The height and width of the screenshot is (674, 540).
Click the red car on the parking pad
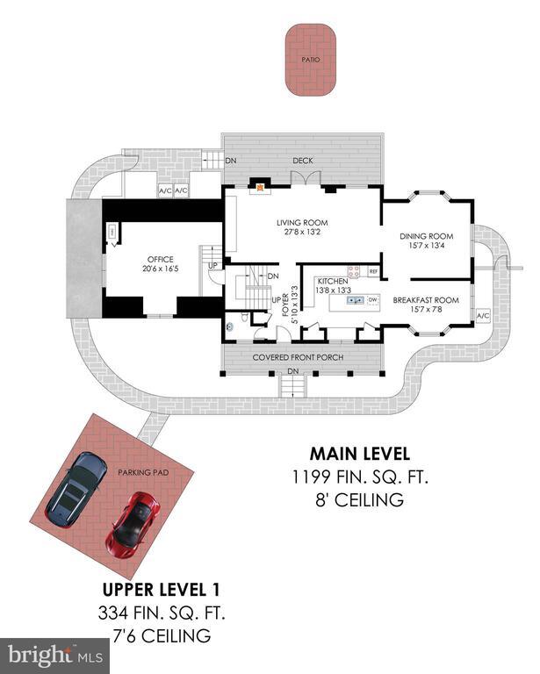click(x=133, y=524)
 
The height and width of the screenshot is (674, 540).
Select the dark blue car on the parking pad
click(x=76, y=489)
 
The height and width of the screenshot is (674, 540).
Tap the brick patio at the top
click(x=311, y=60)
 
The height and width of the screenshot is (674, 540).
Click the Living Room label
click(x=302, y=223)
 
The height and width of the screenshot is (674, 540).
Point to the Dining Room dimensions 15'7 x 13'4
click(x=427, y=246)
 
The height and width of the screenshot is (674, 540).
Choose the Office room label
click(x=161, y=259)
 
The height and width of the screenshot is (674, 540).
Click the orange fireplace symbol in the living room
click(x=260, y=188)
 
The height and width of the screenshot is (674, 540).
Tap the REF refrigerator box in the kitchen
click(x=374, y=272)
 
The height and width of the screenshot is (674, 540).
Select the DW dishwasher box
click(x=373, y=299)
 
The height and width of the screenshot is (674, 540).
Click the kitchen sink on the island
click(x=356, y=299)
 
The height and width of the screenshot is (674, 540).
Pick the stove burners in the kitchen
click(x=354, y=271)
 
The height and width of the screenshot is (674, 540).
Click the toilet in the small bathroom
click(x=245, y=318)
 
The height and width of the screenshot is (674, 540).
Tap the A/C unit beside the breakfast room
click(x=483, y=316)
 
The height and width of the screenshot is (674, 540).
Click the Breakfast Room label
click(x=426, y=300)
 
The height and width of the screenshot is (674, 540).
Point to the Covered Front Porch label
click(x=298, y=357)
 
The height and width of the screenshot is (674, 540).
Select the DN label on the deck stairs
click(x=231, y=161)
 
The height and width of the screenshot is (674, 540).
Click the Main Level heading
click(x=360, y=454)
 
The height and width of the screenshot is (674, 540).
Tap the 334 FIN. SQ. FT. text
click(x=162, y=613)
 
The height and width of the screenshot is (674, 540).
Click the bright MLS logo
click(x=55, y=656)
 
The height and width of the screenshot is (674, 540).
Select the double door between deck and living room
click(x=306, y=178)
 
